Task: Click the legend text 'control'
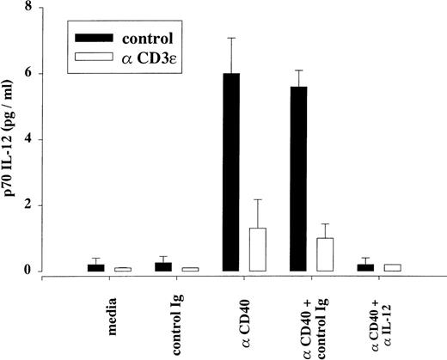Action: pos(158,39)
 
